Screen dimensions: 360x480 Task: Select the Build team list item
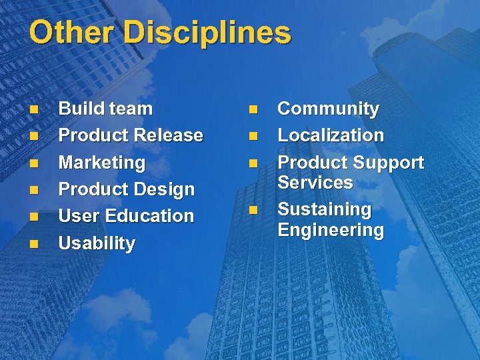click(105, 109)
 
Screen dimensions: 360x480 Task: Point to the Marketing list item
click(101, 163)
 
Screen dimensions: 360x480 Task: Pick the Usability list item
click(97, 243)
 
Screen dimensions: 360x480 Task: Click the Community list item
click(328, 109)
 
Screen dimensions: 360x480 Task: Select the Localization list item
click(331, 135)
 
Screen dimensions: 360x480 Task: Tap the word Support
click(388, 163)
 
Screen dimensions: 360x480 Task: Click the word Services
click(315, 182)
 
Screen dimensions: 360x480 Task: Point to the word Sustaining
click(324, 209)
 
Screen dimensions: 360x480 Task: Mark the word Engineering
click(331, 230)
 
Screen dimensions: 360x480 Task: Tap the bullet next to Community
click(253, 109)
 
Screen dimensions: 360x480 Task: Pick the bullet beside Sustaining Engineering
click(253, 211)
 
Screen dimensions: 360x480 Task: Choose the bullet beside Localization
click(253, 136)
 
